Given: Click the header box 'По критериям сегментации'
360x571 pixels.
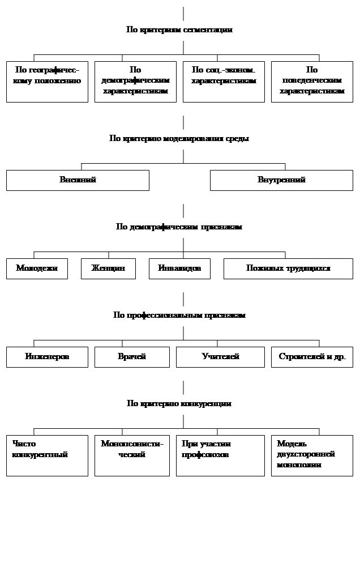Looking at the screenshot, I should [179, 31].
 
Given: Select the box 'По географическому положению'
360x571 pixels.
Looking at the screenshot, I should [47, 82].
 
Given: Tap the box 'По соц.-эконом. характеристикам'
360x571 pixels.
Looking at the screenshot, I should [224, 82].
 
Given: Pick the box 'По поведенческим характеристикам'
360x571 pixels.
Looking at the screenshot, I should [312, 82].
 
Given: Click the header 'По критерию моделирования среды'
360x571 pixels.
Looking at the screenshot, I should [179, 139].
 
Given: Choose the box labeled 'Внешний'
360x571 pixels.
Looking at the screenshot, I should [78, 180].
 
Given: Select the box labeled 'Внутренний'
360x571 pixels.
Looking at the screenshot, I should [281, 180].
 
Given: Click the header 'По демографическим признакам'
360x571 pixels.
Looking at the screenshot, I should [179, 228].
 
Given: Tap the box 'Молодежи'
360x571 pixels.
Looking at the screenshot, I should [37, 269].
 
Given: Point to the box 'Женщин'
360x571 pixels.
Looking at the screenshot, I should [108, 269].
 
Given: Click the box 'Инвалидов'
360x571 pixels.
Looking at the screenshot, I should [179, 269].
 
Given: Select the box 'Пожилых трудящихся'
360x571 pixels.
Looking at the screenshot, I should [288, 269].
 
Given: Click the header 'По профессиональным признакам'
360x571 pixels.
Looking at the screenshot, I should [179, 316].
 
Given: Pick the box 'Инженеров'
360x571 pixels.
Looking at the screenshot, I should [47, 357].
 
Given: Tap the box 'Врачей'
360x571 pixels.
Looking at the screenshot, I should [132, 357].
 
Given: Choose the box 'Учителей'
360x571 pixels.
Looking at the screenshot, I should [220, 357].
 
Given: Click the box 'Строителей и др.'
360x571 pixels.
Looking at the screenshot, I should [312, 357].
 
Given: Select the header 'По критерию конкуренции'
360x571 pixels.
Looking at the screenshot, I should [179, 404].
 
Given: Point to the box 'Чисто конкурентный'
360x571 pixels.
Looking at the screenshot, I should [47, 455].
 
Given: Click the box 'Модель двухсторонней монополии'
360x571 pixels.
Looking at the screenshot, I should [312, 455].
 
